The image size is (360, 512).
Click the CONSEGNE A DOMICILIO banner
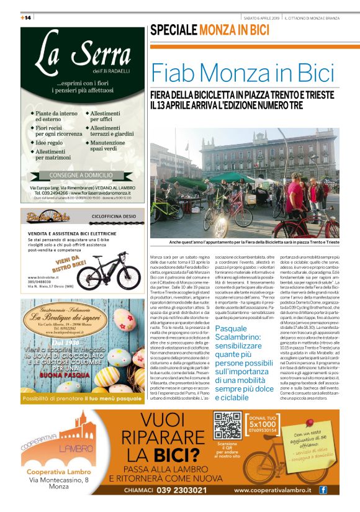82,175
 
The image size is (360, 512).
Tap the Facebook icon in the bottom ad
323,490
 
